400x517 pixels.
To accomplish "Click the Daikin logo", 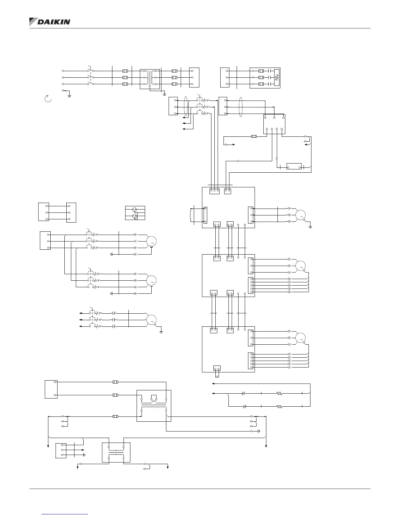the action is [50, 22].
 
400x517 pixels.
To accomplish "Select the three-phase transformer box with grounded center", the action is [150, 79].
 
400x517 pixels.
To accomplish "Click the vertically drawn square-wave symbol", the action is [276, 77].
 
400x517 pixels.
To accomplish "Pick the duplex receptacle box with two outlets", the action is [135, 213].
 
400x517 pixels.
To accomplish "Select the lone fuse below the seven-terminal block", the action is [253, 136].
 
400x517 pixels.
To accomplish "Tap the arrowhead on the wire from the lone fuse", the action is [233, 144].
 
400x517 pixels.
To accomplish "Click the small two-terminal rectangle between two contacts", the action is [294, 166].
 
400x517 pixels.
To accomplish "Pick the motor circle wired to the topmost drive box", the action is [300, 215].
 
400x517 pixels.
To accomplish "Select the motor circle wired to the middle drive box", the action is [300, 266].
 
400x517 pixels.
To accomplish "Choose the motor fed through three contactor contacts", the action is [151, 319].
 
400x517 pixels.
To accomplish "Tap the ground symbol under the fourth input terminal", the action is [70, 96].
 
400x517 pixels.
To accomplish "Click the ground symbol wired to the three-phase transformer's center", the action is [164, 94].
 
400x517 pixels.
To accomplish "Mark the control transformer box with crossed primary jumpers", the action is [154, 405].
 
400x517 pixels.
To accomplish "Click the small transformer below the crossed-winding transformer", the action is [116, 452].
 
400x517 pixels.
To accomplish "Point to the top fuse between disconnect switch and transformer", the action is [125, 71].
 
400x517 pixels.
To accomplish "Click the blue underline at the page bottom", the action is [65, 514].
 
